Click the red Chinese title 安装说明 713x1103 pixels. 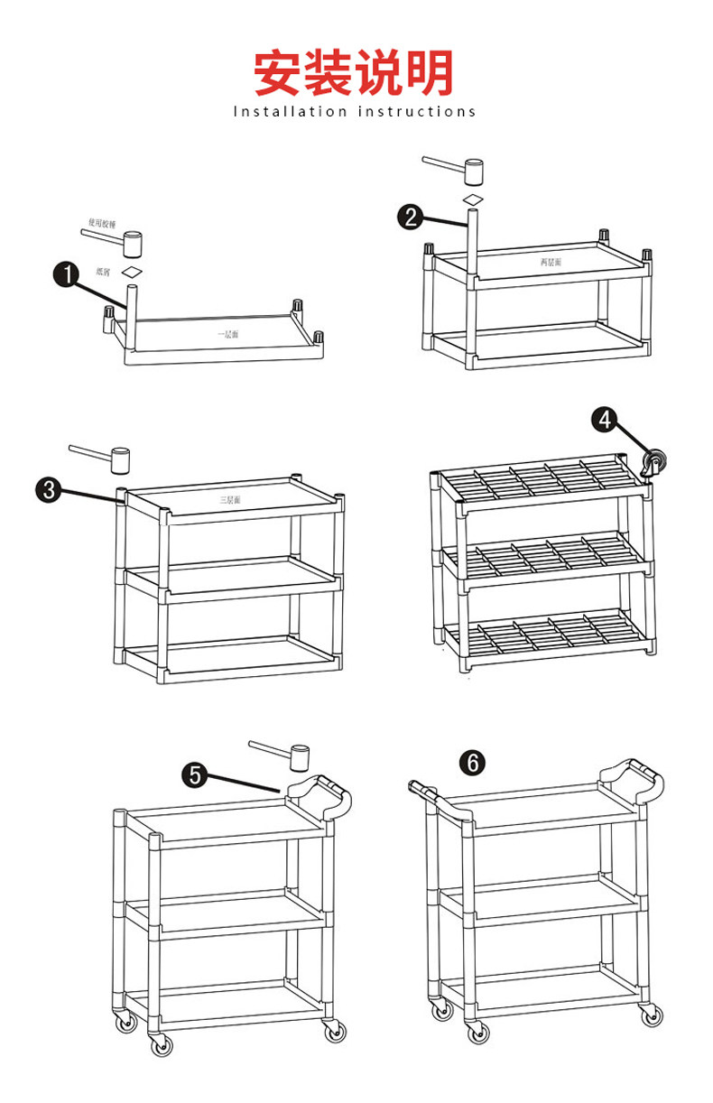354,73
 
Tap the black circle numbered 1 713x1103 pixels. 66,274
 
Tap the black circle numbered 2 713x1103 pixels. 411,217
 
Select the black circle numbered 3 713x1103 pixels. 49,490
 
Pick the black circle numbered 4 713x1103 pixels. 605,420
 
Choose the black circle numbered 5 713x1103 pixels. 195,774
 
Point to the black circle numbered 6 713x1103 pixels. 471,763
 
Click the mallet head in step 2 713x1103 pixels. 474,169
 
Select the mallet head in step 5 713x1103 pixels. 300,757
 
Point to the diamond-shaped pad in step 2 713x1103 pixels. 473,198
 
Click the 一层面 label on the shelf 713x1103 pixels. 227,334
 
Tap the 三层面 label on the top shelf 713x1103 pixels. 230,499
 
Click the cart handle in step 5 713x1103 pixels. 320,792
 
